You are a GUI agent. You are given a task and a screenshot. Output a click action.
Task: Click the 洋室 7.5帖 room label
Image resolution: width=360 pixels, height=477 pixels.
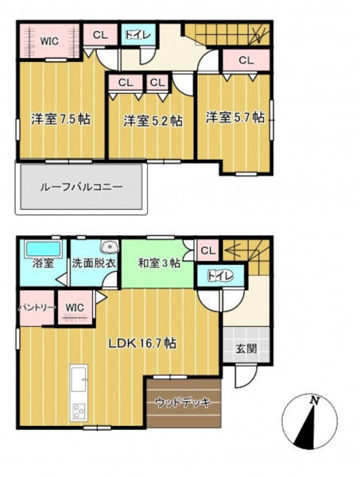[61, 119]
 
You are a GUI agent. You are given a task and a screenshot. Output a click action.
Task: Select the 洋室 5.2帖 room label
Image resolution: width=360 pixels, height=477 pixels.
[153, 121]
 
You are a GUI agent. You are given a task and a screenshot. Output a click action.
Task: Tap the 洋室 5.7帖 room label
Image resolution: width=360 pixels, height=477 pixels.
[235, 118]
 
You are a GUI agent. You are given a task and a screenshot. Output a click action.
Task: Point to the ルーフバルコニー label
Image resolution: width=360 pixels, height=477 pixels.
[82, 187]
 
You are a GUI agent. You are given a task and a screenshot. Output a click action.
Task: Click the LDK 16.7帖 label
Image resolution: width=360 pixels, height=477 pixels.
[142, 343]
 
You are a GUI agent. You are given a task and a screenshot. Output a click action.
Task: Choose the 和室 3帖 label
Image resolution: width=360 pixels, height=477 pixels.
[159, 263]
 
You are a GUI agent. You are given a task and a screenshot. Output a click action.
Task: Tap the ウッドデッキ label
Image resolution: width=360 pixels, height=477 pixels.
[183, 403]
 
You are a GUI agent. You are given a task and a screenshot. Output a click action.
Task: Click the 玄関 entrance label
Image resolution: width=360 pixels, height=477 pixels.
[246, 349]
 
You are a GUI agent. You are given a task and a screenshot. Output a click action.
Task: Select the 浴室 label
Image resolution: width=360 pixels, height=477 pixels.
[43, 263]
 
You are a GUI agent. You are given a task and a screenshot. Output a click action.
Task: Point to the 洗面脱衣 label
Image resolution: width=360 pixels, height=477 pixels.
[94, 263]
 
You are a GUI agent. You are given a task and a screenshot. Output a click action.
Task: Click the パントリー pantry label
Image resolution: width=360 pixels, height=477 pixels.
[37, 308]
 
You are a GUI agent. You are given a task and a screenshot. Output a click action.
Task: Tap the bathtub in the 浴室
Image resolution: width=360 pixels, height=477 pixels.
[43, 250]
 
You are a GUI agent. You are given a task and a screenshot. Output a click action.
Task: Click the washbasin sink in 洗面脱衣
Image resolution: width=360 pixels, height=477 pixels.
[110, 246]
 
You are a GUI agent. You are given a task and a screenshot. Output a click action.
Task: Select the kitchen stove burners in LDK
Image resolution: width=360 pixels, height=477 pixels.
[79, 411]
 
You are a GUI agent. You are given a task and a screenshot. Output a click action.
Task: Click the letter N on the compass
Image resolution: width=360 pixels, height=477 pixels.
[314, 401]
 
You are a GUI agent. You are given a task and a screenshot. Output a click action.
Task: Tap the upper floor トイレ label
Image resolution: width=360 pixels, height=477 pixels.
[138, 35]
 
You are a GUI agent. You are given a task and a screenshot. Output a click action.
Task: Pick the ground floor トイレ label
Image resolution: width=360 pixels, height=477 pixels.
[220, 276]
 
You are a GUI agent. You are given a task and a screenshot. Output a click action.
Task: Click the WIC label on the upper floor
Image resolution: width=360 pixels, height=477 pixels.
[49, 41]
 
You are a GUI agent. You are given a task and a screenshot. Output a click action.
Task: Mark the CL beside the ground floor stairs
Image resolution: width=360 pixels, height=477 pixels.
[208, 250]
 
